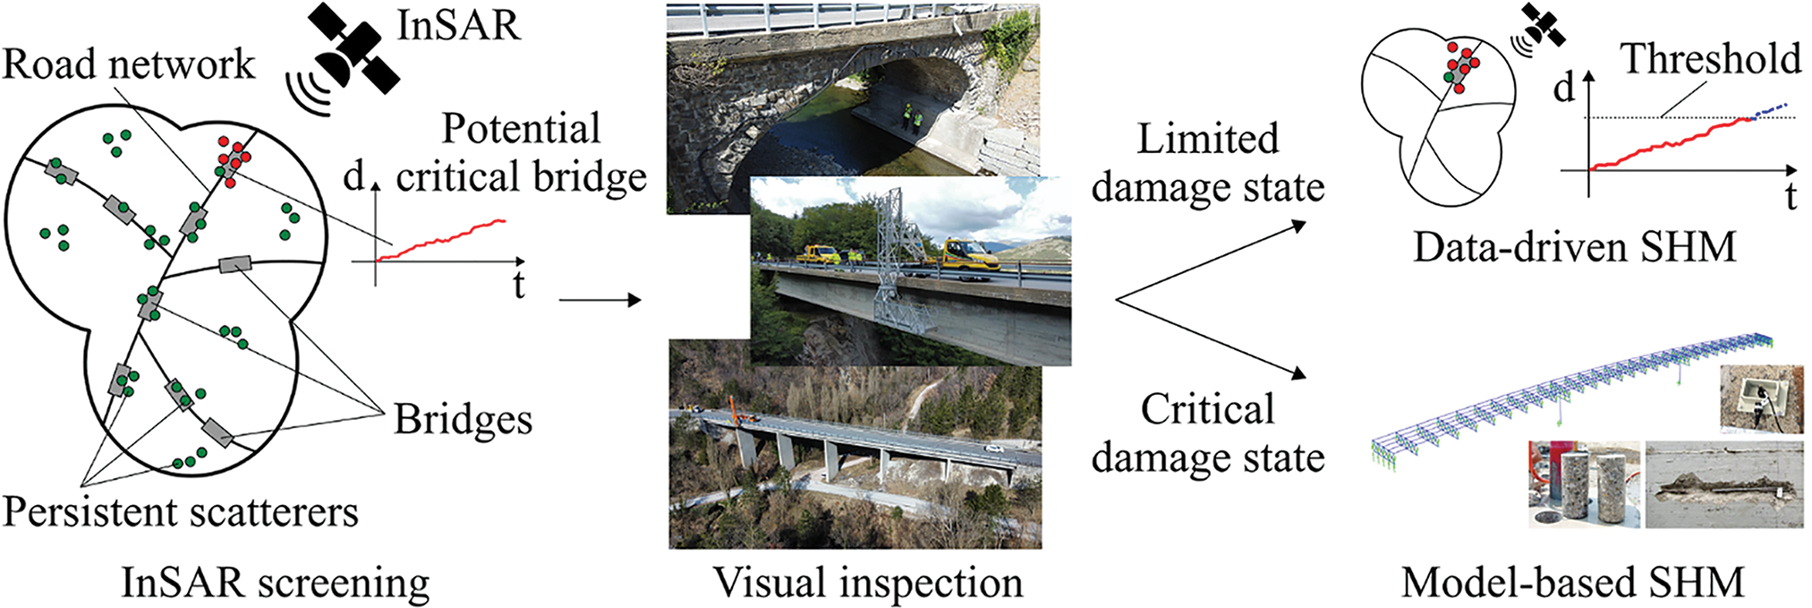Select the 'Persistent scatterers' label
180,512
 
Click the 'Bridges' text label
463,419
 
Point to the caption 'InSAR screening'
276,583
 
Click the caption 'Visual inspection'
867,583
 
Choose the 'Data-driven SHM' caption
1574,246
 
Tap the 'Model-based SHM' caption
1572,583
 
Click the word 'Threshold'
1711,59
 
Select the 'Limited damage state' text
1207,164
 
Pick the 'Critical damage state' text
1207,434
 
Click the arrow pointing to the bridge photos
600,300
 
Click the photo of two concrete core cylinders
1585,484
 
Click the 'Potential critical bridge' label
521,153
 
